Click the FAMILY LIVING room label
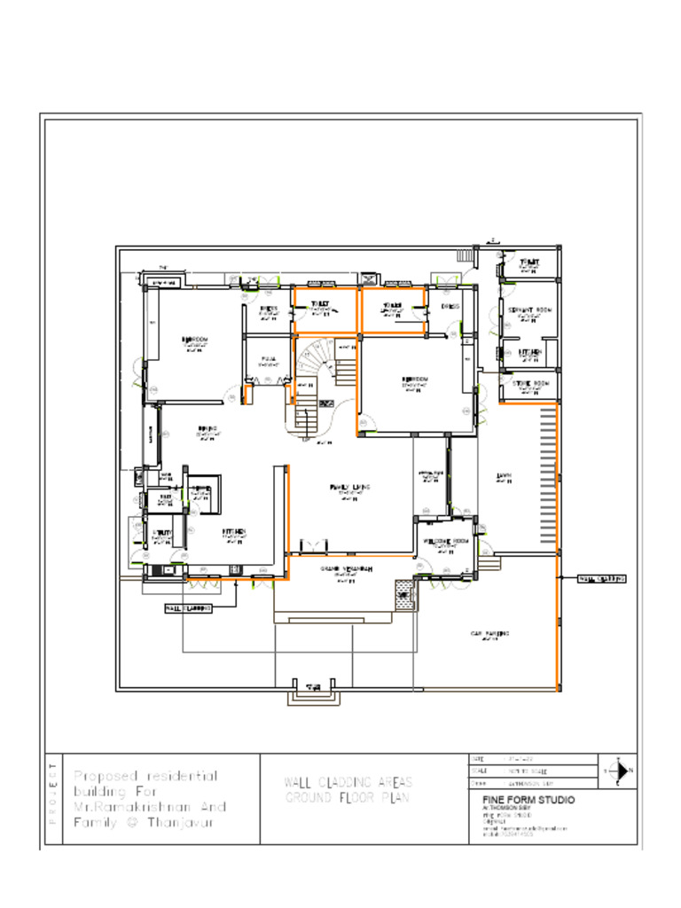click(x=348, y=488)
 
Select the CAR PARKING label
click(x=489, y=633)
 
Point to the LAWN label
click(x=504, y=475)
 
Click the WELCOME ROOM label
click(x=445, y=541)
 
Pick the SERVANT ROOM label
click(x=529, y=309)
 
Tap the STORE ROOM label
click(x=531, y=383)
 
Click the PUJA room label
click(x=269, y=360)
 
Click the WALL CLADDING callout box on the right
click(x=602, y=578)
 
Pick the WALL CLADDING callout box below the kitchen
click(x=188, y=609)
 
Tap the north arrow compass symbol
click(x=618, y=771)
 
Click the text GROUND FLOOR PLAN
click(x=348, y=798)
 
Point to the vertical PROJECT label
click(x=52, y=793)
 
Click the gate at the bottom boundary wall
click(x=312, y=693)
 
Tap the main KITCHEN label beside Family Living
click(x=234, y=532)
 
